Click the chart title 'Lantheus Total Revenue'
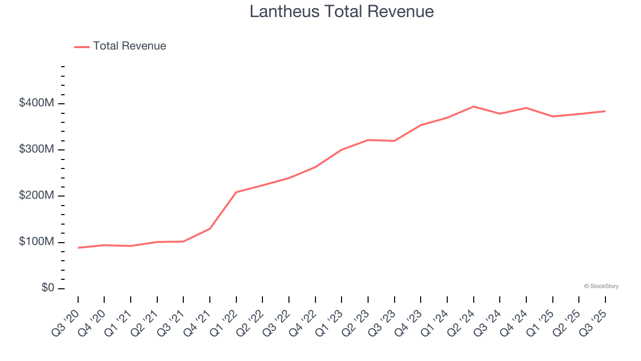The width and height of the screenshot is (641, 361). [342, 12]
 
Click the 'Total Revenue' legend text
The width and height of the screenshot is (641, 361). [129, 46]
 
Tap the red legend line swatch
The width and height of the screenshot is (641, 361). [82, 47]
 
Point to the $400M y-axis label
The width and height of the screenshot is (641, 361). [37, 103]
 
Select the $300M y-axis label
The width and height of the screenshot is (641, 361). [37, 149]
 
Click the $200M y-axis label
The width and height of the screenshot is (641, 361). [37, 196]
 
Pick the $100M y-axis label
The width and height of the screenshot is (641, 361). [37, 242]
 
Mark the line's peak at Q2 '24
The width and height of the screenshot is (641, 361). [473, 107]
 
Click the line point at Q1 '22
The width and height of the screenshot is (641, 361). [236, 192]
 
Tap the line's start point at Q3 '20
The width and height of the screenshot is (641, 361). [78, 248]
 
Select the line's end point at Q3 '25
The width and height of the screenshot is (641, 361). [605, 111]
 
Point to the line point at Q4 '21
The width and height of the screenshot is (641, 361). [210, 229]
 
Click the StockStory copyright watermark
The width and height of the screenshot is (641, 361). [601, 286]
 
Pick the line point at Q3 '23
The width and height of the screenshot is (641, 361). [394, 141]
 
